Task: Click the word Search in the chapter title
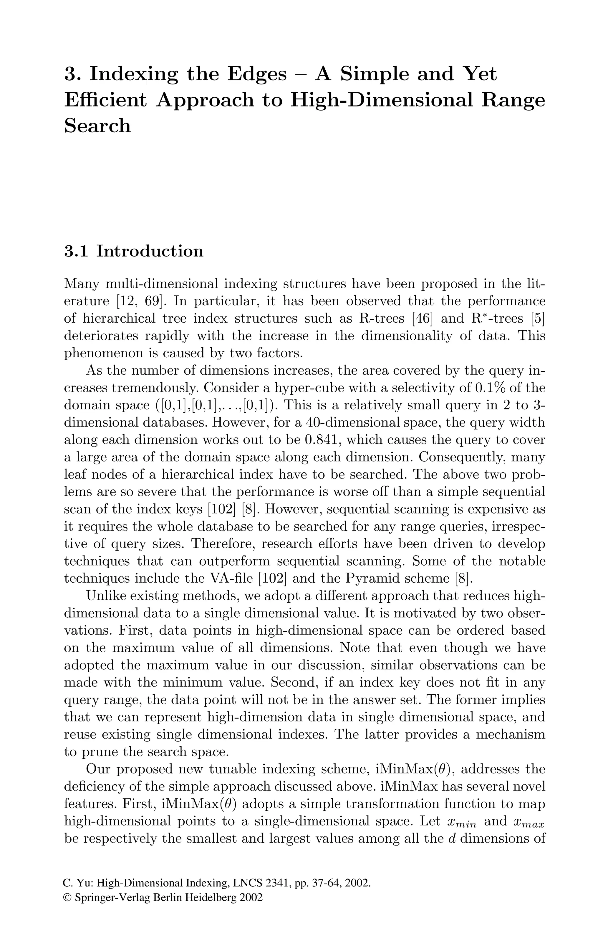pyautogui.click(x=97, y=126)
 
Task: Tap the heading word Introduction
pyautogui.click(x=150, y=251)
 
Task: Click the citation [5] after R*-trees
pyautogui.click(x=538, y=319)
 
